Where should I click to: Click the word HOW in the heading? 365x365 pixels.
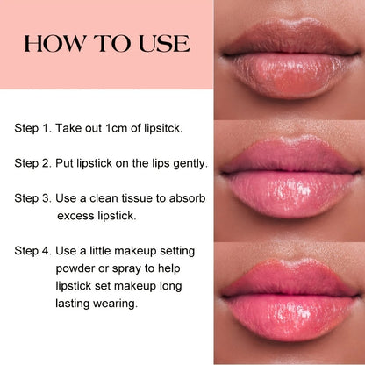(x=54, y=44)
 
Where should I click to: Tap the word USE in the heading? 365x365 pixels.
(x=164, y=44)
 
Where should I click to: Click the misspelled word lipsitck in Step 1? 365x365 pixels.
(x=163, y=129)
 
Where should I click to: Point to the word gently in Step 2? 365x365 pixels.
(x=190, y=164)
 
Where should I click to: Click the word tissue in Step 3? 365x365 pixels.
(x=138, y=198)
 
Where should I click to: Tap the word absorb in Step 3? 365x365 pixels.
(x=187, y=198)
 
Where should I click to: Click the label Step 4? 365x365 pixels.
(x=33, y=252)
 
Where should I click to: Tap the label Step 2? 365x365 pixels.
(x=33, y=164)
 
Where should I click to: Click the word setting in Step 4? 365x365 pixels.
(x=177, y=252)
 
